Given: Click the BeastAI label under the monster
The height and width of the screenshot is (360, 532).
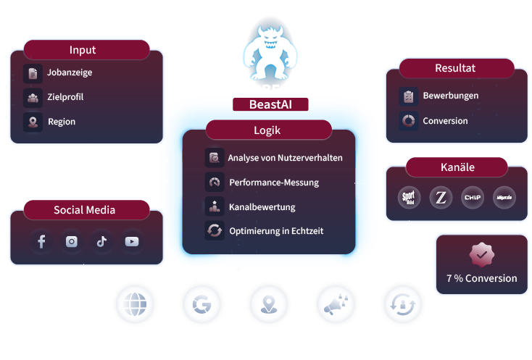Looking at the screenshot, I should click(x=269, y=104).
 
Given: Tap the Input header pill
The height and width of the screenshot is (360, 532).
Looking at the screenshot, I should click(x=83, y=50).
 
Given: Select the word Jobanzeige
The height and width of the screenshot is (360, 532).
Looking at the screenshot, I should click(x=70, y=72).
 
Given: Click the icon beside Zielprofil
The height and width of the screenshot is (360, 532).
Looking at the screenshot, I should click(x=33, y=97).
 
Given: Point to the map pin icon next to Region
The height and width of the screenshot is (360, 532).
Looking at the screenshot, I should click(x=33, y=122).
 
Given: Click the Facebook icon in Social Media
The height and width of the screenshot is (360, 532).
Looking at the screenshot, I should click(x=41, y=242).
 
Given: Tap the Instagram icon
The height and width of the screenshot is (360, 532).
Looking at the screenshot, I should click(x=71, y=242).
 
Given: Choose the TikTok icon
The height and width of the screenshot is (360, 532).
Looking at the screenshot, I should click(x=101, y=242).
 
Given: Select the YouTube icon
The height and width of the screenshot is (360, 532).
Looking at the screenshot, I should click(x=131, y=242).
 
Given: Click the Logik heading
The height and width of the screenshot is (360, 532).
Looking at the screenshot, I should click(x=267, y=130).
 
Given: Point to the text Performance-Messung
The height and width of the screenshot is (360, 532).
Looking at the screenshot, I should click(x=273, y=183).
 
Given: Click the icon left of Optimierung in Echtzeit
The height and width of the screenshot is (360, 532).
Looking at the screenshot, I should click(x=215, y=231).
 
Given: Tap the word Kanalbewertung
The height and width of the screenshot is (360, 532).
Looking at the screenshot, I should click(x=262, y=207).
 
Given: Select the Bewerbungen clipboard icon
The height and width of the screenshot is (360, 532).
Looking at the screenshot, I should click(x=408, y=96).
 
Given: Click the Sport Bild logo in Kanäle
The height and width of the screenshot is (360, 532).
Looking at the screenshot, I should click(x=410, y=197).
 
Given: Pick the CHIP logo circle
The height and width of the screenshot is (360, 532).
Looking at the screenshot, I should click(x=472, y=197).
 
